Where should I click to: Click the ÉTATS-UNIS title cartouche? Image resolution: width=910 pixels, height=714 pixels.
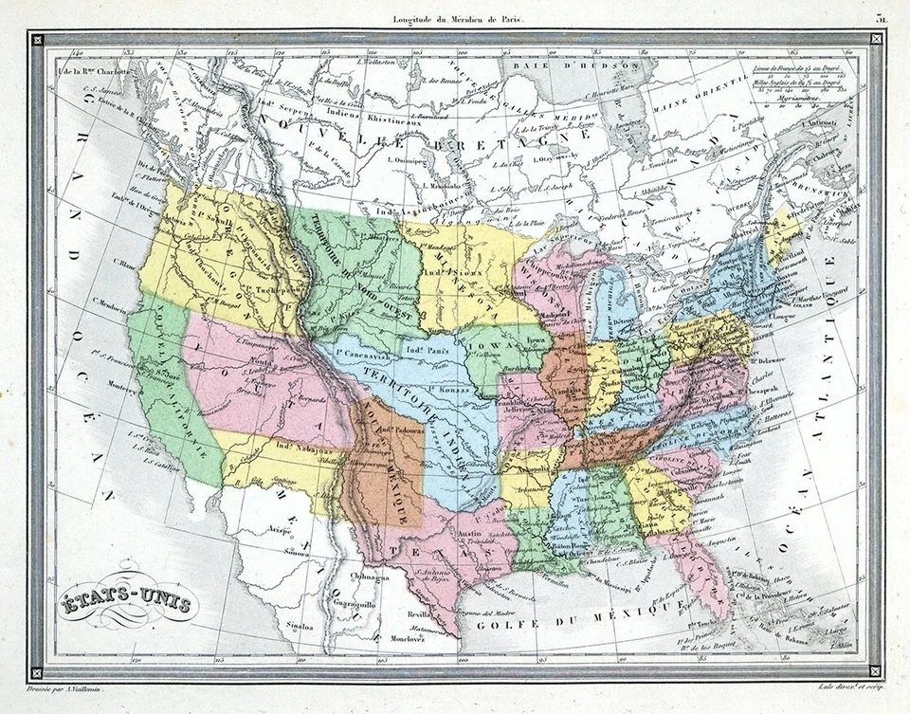(126, 601)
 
